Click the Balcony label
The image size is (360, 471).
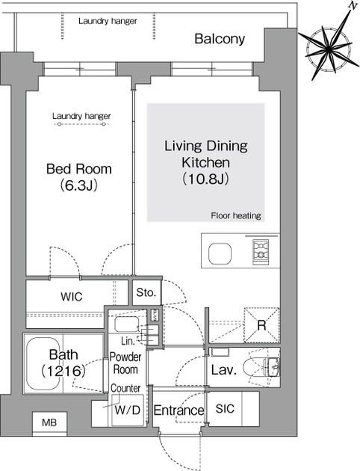220,39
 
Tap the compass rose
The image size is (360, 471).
329,47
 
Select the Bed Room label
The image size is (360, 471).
79,169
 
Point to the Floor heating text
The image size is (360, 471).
236,215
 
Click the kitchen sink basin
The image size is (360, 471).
220,253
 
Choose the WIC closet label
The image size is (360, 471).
72,297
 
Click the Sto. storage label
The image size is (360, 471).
146,292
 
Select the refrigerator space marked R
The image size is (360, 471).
261,325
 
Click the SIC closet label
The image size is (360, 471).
225,408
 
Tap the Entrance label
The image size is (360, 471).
179,410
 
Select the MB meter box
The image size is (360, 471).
49,423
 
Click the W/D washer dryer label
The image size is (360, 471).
128,410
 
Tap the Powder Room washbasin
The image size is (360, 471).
127,324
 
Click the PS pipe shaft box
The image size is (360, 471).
155,315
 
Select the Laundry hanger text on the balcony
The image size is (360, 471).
108,22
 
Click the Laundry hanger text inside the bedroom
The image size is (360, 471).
81,116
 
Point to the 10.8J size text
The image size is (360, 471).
206,179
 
